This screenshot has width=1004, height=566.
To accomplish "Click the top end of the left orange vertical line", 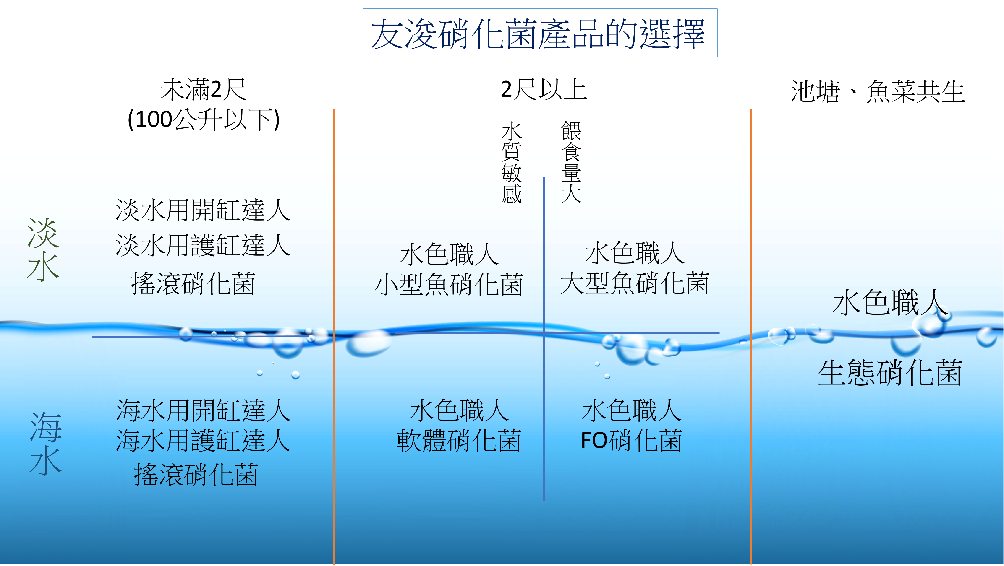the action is click(x=334, y=110).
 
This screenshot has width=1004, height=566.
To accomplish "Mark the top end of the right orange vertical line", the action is click(x=751, y=110).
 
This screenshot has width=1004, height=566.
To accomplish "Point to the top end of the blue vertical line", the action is click(x=544, y=178).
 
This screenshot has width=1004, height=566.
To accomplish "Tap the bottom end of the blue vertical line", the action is click(x=544, y=501).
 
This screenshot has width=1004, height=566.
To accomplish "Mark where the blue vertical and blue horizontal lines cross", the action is click(x=544, y=333).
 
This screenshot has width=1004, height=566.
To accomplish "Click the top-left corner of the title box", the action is click(x=363, y=9).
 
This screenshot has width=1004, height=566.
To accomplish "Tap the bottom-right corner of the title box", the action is click(x=717, y=57).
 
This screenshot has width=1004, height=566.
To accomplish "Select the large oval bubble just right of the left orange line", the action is click(x=368, y=343).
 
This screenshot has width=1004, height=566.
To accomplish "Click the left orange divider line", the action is click(x=334, y=337).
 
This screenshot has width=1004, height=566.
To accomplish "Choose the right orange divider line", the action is click(x=751, y=337).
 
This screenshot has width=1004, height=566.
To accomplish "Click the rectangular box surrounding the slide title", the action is click(x=540, y=33).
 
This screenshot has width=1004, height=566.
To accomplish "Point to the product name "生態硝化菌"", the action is click(x=890, y=373).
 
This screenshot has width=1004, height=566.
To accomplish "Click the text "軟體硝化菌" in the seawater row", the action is click(x=459, y=441).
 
